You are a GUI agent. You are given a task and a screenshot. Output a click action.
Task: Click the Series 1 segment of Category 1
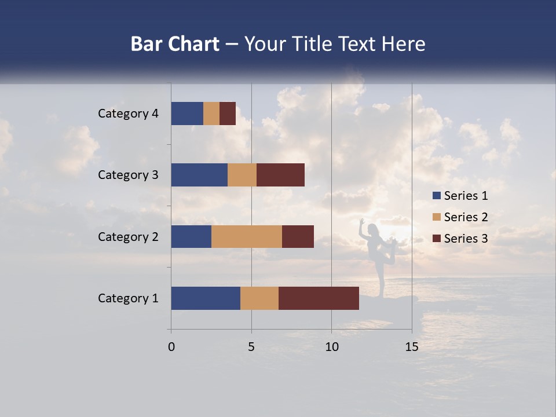coord(206,298)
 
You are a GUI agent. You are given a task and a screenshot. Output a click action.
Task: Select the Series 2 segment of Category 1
coord(259,298)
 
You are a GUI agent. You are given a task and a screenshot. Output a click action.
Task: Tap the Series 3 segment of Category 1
coord(319,298)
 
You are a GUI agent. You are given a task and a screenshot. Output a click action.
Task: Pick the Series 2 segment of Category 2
coord(247,236)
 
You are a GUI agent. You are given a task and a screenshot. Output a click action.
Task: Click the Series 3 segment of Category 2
coord(298,236)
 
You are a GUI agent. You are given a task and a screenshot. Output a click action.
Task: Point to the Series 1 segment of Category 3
coord(199,175)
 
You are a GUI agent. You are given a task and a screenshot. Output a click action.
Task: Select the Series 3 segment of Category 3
coord(280,175)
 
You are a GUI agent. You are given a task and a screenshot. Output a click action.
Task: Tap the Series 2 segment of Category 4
coord(211,114)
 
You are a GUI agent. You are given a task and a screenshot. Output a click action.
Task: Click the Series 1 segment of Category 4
coord(187,114)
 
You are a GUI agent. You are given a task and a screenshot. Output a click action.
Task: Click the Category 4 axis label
coord(128,114)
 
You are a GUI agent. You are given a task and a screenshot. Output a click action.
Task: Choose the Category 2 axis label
coord(128,236)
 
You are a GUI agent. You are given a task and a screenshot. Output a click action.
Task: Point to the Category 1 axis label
coord(128,298)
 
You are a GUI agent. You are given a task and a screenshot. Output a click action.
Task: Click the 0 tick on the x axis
coord(171,347)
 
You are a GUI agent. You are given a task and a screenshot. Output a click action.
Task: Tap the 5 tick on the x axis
coord(251,347)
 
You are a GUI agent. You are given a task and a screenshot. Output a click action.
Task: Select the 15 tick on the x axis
coord(411,347)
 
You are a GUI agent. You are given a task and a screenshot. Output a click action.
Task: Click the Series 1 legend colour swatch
coord(436,196)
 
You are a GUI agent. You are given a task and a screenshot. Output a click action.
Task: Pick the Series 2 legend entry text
coord(466,217)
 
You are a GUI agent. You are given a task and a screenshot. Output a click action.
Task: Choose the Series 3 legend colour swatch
coord(436,239)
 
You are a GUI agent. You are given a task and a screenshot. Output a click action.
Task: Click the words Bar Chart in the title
coord(175,44)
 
